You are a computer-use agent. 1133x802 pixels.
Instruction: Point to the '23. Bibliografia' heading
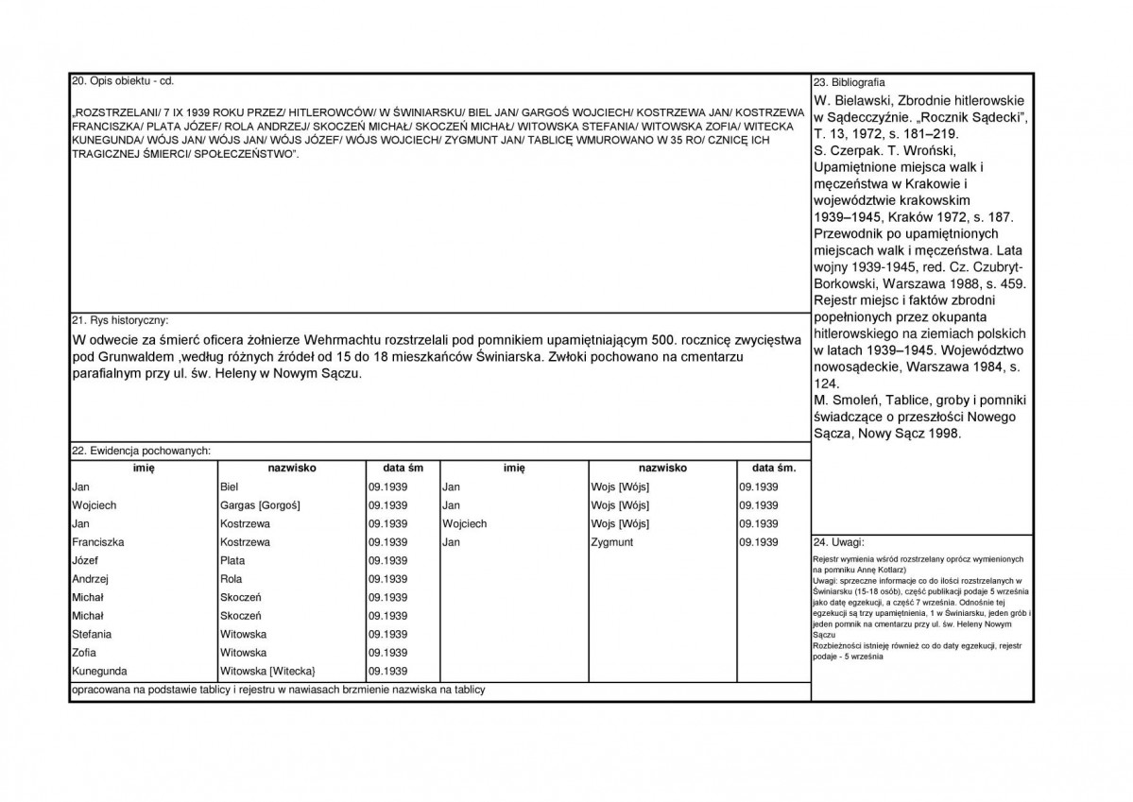[849, 83]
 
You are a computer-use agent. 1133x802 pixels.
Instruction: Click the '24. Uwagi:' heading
[833, 543]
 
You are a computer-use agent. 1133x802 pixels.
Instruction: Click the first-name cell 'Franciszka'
[98, 542]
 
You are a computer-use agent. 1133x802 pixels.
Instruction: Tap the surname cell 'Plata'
[232, 560]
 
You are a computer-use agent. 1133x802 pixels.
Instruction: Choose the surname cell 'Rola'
[232, 579]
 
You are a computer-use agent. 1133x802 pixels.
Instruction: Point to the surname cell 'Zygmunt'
[611, 542]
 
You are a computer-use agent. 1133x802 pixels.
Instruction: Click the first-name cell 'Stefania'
[92, 634]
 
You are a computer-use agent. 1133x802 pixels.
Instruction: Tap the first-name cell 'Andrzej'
[91, 579]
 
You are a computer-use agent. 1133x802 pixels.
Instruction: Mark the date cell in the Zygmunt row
[759, 542]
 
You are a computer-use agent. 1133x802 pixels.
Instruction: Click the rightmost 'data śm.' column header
[774, 468]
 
